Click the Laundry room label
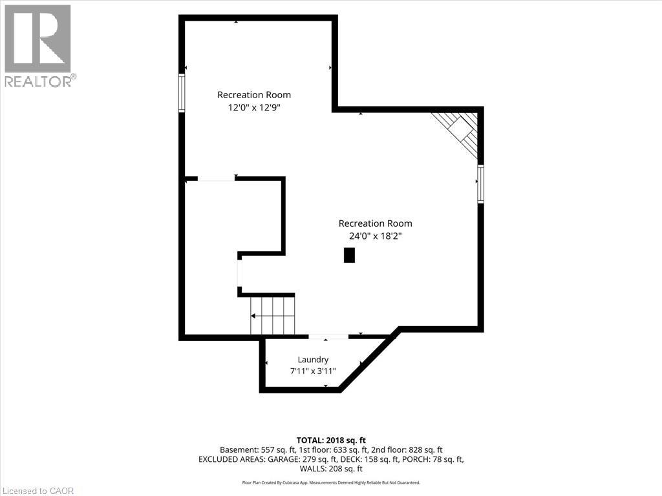[313, 359]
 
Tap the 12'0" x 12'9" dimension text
[254, 108]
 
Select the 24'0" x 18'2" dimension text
[375, 236]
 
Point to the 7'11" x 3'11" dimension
[313, 371]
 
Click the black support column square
[349, 256]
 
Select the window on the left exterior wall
[182, 93]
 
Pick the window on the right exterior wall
[480, 184]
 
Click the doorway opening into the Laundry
[328, 336]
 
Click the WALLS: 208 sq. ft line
[331, 469]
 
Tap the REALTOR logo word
[38, 81]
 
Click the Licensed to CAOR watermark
[37, 491]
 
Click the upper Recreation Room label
[254, 95]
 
